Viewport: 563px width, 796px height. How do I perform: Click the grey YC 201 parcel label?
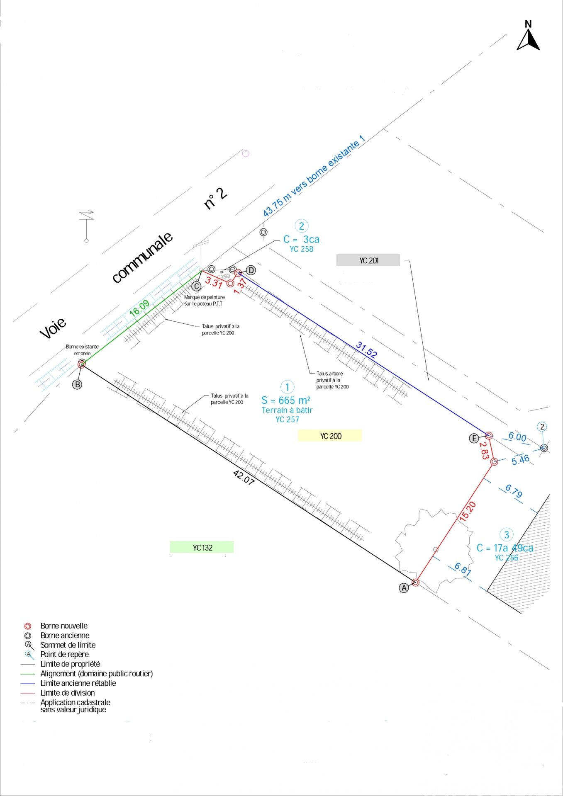(368, 260)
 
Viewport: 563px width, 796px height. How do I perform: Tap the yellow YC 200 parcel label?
(330, 436)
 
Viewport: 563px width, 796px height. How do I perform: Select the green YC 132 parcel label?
(202, 548)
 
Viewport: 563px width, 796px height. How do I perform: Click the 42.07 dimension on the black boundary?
(244, 477)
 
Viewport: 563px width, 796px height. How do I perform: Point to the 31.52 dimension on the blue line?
(366, 349)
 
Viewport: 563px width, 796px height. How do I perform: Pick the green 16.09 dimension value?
(139, 308)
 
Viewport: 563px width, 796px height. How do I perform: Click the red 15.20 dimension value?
(467, 511)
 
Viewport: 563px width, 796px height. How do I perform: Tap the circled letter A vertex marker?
(404, 587)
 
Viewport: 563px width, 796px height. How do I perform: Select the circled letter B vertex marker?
(77, 384)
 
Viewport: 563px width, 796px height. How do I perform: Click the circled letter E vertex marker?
(474, 438)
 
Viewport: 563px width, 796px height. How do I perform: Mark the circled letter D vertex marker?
(251, 270)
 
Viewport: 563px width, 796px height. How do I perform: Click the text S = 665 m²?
(286, 400)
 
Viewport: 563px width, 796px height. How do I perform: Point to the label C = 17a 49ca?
(505, 548)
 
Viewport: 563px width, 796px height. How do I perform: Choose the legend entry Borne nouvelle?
(64, 626)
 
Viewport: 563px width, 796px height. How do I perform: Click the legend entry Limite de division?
(67, 693)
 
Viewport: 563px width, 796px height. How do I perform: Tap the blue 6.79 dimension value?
(513, 491)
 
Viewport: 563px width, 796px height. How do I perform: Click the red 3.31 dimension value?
(214, 282)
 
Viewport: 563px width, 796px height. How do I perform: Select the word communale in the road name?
(142, 257)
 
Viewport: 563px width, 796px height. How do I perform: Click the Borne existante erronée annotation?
(82, 349)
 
